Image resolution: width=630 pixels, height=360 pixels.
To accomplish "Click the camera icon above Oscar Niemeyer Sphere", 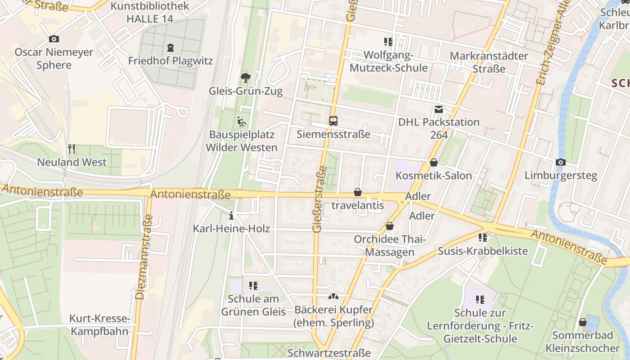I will (x=54, y=39).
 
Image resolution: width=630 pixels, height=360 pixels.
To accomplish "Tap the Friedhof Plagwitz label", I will (x=170, y=61).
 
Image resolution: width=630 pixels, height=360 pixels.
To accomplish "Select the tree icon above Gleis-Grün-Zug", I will (x=245, y=78).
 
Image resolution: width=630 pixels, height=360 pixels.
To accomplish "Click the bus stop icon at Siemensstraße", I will (x=333, y=121).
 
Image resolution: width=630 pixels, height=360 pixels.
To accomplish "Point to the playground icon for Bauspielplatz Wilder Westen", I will (x=242, y=121).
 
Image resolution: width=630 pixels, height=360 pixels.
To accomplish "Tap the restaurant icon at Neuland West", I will (x=72, y=148).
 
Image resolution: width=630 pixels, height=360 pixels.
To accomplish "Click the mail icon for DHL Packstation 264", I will (x=438, y=109).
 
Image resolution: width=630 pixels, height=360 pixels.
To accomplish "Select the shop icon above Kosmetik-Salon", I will (x=433, y=162).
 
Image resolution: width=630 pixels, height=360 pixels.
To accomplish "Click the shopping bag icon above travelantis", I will (x=358, y=192).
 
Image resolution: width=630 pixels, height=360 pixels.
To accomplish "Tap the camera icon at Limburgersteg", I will (x=561, y=162).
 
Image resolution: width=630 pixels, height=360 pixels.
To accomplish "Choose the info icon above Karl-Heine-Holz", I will (x=231, y=216).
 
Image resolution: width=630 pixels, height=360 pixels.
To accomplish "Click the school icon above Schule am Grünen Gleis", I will (x=253, y=286).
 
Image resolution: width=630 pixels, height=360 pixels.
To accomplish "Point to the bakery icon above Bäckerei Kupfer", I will (x=333, y=297).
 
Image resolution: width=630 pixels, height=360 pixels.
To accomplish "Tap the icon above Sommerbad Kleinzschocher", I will (x=582, y=322).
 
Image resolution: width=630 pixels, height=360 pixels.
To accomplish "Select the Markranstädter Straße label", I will (x=489, y=63).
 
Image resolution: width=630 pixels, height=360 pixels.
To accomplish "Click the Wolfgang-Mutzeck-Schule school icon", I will (x=388, y=42).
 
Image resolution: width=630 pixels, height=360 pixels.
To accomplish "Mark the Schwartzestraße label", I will (x=329, y=353).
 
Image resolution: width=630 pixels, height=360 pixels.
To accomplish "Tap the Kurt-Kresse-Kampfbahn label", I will (x=99, y=325).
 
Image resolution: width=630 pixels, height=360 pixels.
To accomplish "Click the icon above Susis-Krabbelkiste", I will (x=483, y=237).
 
